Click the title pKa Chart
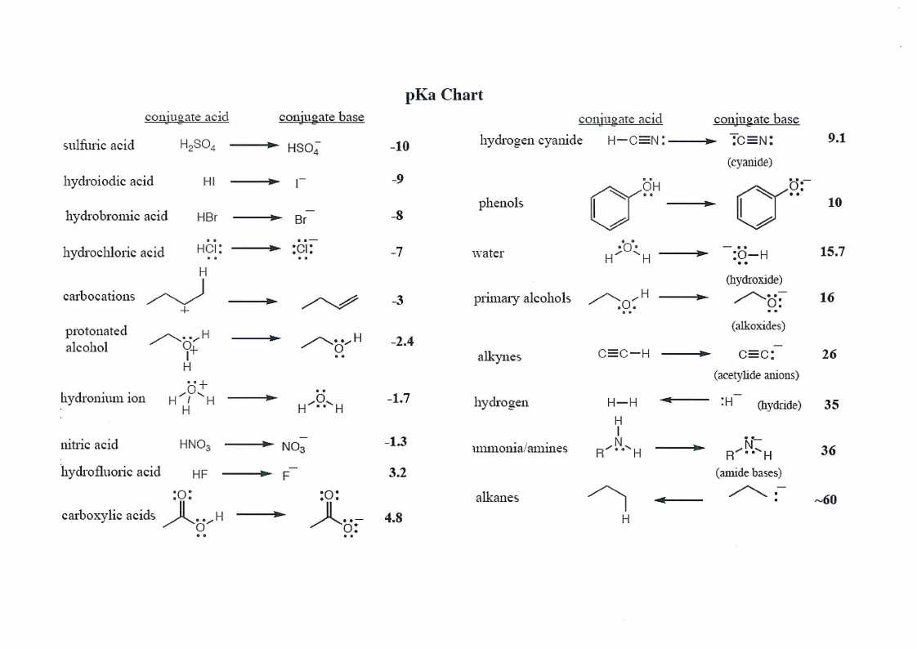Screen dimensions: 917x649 444,95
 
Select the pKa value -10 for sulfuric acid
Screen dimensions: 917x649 400,146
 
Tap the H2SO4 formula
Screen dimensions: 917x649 197,145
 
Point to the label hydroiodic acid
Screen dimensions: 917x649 108,181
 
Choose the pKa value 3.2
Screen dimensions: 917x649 398,472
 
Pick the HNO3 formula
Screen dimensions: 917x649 195,445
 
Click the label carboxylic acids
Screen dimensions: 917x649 108,515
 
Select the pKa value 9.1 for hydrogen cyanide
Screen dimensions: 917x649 837,138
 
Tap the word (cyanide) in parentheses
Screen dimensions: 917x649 749,162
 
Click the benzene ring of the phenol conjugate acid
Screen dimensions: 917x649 610,208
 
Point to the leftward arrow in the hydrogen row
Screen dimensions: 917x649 684,400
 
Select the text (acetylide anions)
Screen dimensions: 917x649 756,375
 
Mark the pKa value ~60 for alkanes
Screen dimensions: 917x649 825,500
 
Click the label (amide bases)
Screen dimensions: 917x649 749,472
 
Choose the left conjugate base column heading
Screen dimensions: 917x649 322,117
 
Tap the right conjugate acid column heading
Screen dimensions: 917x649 620,119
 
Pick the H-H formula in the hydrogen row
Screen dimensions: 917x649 622,402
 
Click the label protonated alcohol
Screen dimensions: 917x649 96,339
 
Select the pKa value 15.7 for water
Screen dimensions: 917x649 832,252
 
